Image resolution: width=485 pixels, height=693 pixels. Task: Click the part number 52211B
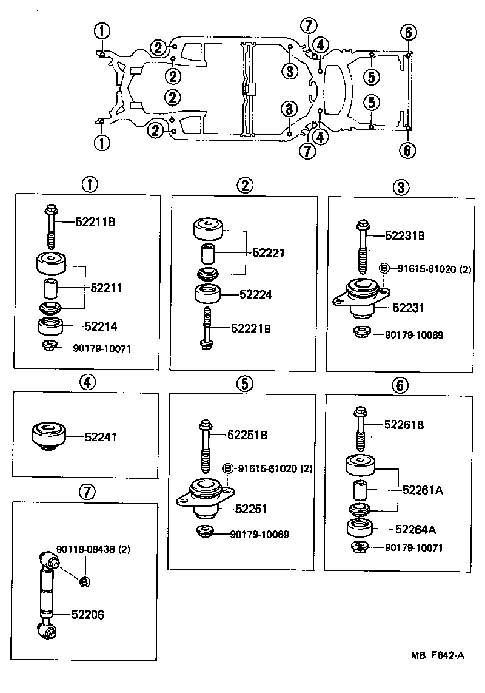pyautogui.click(x=95, y=222)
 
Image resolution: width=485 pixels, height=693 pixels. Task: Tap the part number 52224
pyautogui.click(x=256, y=295)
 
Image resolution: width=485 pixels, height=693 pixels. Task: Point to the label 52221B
pyautogui.click(x=250, y=328)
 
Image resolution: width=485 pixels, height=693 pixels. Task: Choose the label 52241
pyautogui.click(x=101, y=436)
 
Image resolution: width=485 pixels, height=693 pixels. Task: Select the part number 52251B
pyautogui.click(x=247, y=434)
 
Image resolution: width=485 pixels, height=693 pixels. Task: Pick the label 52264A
pyautogui.click(x=415, y=529)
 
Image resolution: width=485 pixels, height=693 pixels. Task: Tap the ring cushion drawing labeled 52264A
pyautogui.click(x=361, y=528)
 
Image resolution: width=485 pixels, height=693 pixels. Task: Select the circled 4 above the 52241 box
pyautogui.click(x=88, y=382)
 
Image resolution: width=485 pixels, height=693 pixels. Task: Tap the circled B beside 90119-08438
pyautogui.click(x=84, y=581)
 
